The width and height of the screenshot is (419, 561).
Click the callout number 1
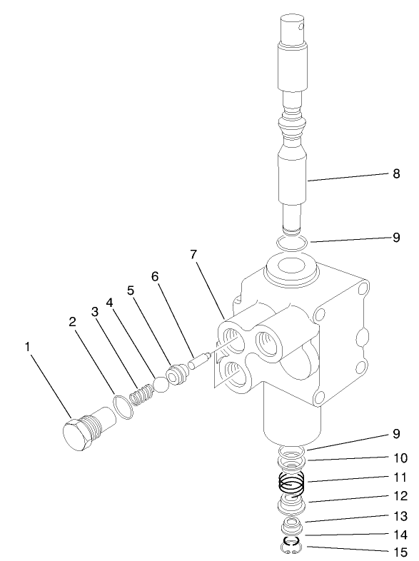[28, 348]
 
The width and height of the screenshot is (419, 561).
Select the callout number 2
[72, 321]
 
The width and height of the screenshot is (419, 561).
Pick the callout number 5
[131, 290]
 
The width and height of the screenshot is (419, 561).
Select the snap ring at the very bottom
[291, 548]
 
